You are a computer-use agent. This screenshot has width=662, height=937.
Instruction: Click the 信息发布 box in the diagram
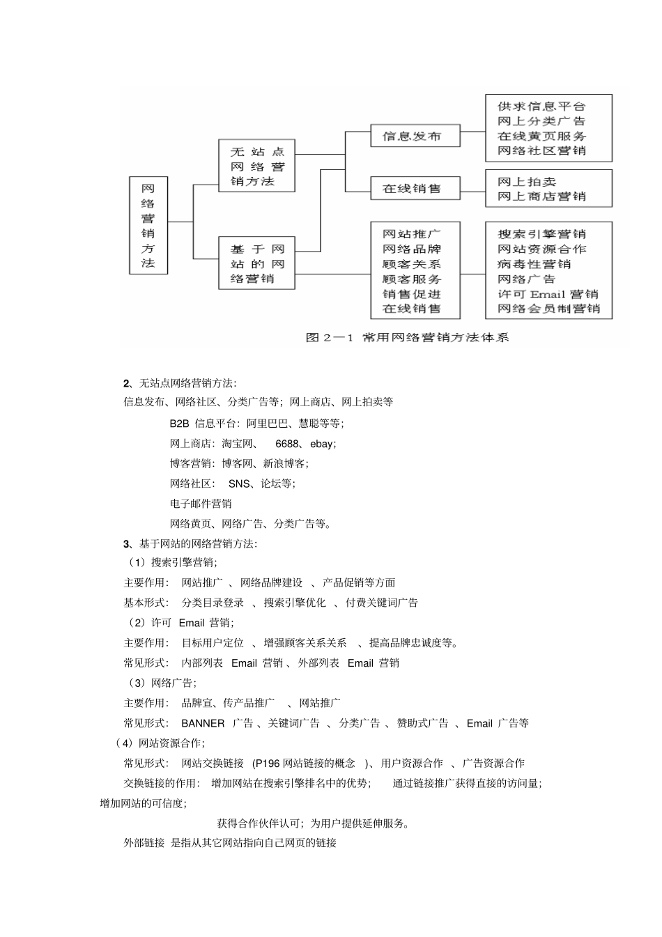tap(415, 136)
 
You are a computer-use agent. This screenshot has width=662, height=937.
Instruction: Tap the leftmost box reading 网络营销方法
tap(148, 225)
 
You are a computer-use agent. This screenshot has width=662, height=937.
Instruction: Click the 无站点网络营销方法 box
tap(256, 167)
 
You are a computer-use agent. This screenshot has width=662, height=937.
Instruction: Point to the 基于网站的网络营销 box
tap(256, 263)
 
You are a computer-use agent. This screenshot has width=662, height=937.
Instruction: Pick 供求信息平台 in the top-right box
tap(541, 107)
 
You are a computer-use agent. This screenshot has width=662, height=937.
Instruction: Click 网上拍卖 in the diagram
tap(526, 182)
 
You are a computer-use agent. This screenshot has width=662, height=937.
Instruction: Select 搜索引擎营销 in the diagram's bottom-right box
tap(541, 234)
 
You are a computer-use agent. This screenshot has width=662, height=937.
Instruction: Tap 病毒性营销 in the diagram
tap(534, 264)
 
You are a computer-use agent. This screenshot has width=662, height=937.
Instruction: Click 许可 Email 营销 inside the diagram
tap(548, 294)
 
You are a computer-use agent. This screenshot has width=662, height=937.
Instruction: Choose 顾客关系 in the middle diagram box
tap(412, 264)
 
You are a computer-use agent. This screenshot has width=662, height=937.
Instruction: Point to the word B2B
tap(179, 424)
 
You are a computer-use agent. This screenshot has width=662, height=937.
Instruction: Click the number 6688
tap(288, 444)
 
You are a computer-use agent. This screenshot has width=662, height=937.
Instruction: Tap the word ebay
tap(323, 444)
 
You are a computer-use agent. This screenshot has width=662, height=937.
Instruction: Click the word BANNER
tap(203, 723)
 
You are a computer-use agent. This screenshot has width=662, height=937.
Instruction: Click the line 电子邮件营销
tap(201, 504)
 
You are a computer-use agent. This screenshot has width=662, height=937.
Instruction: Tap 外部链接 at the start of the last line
tap(144, 843)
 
